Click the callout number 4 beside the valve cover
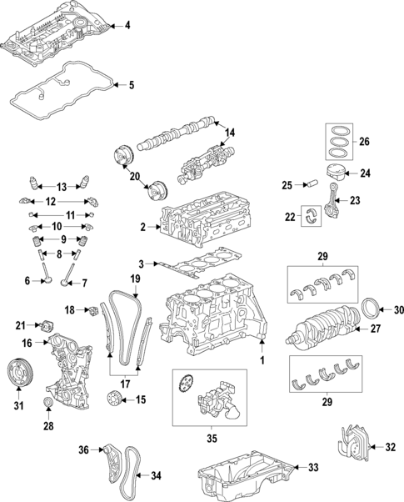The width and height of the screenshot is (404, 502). point(127,26)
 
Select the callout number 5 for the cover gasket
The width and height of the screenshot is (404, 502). point(129,84)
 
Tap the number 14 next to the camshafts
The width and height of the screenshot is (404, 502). point(230,133)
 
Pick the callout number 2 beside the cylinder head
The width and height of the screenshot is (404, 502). point(143,227)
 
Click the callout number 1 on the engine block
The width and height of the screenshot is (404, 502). point(262,359)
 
